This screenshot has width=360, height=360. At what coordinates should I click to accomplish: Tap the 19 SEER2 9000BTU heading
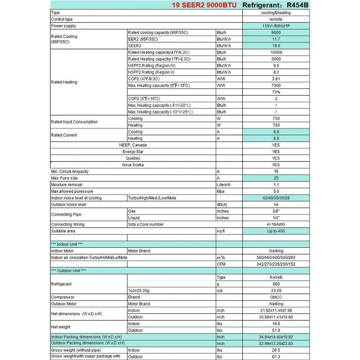point(207,5)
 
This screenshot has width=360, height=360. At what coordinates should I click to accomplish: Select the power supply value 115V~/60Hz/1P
point(276,26)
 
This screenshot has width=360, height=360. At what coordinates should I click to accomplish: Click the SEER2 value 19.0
point(276,46)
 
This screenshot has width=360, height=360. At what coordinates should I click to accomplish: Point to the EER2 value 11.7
point(276,39)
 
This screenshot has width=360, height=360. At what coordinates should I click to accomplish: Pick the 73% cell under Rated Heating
point(276,92)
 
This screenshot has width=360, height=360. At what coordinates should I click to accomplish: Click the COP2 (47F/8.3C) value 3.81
point(276,79)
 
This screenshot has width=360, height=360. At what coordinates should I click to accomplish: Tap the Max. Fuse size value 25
point(276,178)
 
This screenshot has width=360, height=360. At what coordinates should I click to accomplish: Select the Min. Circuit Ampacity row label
point(70,172)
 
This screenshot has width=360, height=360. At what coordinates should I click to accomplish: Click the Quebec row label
point(133,158)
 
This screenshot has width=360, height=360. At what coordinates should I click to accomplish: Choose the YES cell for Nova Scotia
point(276,165)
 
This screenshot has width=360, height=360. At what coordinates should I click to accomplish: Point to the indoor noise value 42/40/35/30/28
point(276,198)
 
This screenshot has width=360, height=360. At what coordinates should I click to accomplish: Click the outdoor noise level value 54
point(276,205)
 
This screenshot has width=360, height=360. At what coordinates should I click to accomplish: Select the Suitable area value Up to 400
point(276,231)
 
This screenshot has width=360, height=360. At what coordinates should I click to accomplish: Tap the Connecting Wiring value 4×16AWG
point(276,224)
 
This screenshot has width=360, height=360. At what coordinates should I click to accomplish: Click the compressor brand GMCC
point(276,297)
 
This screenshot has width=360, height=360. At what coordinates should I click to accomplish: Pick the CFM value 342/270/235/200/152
point(276,264)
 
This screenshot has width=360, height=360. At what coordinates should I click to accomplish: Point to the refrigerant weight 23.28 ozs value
point(276,291)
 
